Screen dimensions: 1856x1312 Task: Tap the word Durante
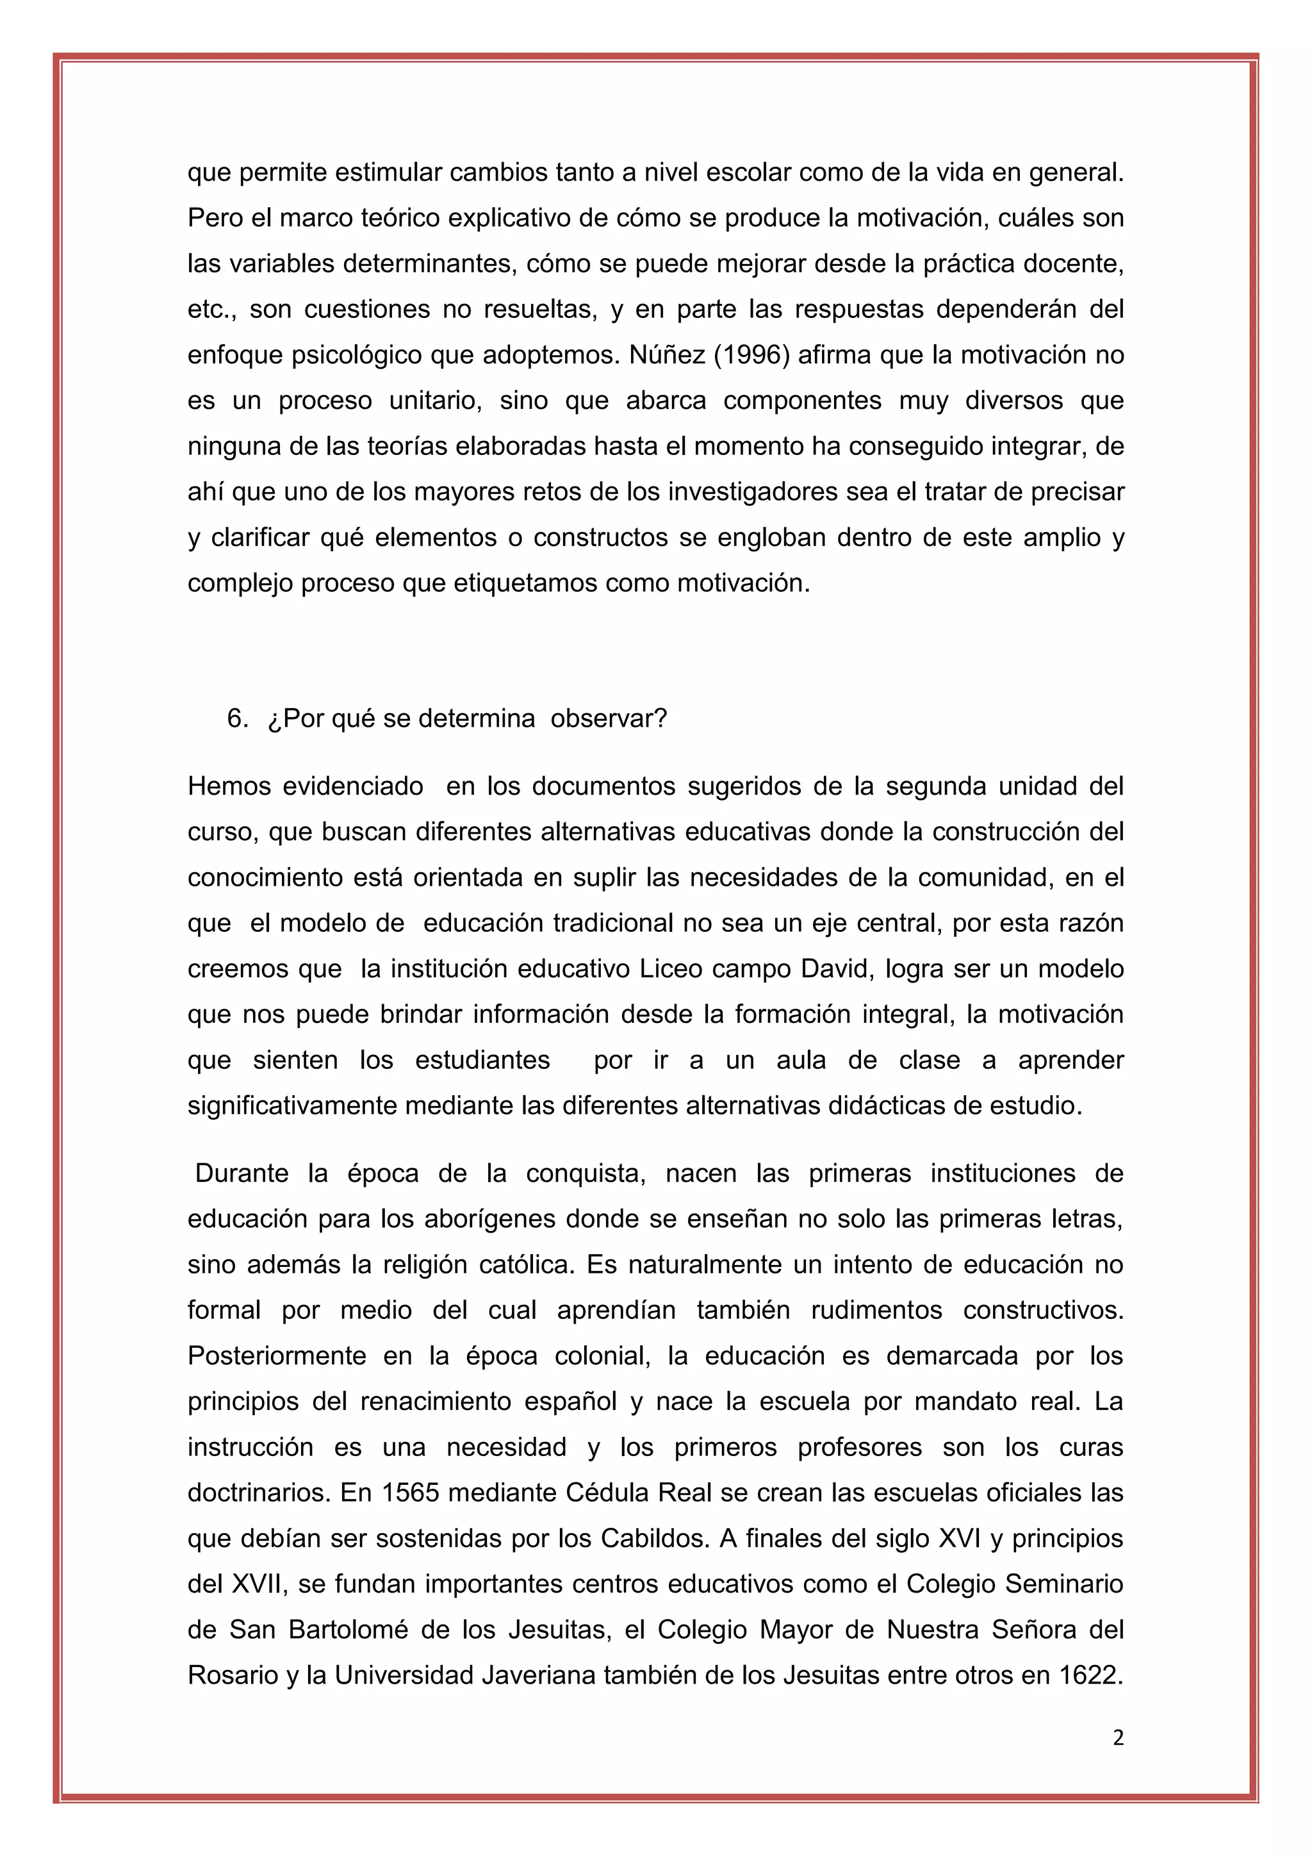[242, 1173]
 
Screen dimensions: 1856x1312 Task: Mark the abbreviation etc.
[211, 310]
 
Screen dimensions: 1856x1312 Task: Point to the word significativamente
[293, 1105]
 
